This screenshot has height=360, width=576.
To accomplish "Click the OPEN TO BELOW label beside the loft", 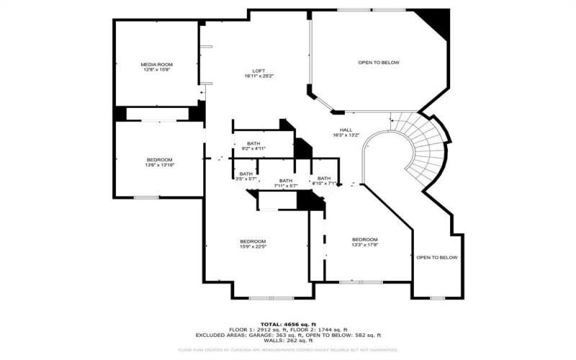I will click(x=379, y=63).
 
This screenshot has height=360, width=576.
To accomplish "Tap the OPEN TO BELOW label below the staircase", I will click(x=436, y=258).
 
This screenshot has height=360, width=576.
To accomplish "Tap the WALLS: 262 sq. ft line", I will click(x=287, y=341).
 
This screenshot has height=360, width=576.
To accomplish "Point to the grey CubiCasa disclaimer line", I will click(x=287, y=350).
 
